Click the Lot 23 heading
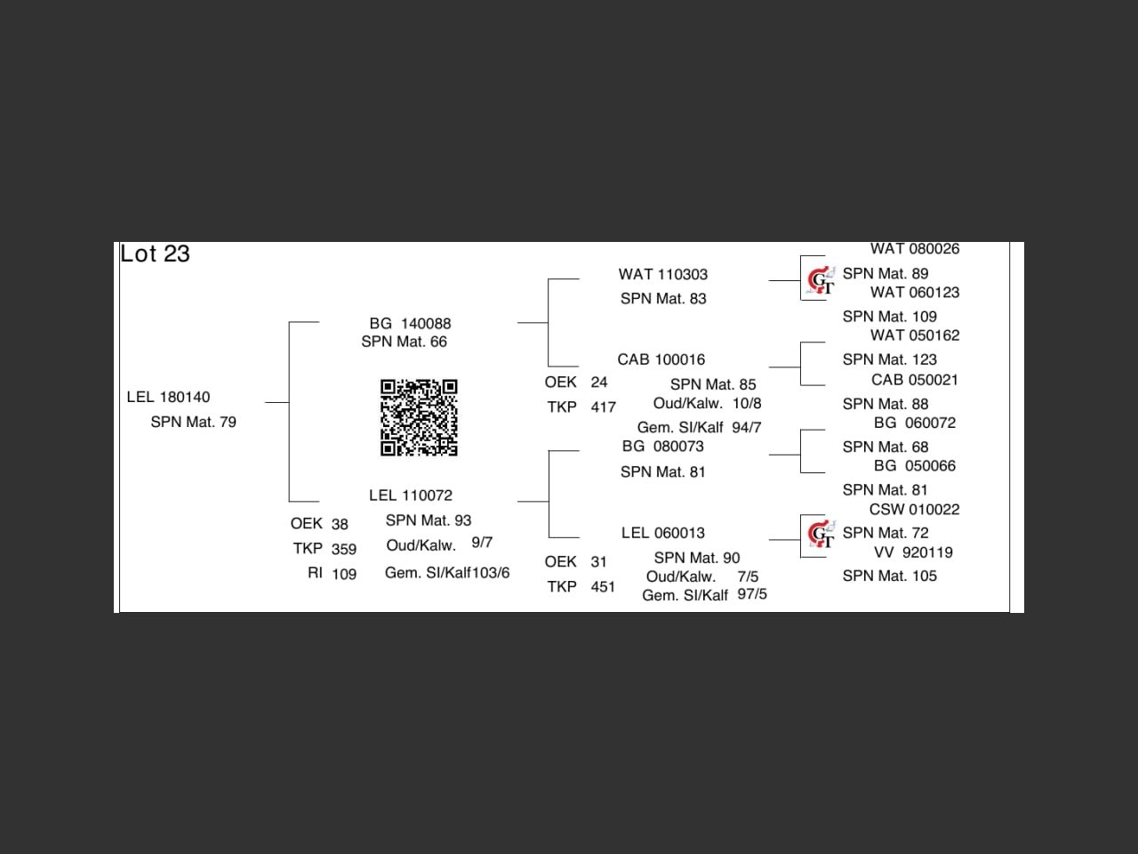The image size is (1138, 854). pos(156,254)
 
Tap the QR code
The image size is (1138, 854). pos(419,417)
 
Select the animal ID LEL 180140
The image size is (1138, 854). pos(168,397)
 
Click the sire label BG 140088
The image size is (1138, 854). pos(410,324)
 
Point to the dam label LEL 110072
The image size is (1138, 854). pos(411,495)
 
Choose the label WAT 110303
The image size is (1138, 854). pos(663,275)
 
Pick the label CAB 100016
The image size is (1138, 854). pos(661,360)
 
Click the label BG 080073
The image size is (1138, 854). pos(663,447)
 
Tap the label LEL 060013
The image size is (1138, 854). pos(663,533)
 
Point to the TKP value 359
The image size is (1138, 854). pos(344,550)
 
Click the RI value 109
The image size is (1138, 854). pos(344,575)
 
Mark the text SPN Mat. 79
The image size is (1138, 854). pos(193,423)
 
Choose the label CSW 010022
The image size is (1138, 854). pos(915,510)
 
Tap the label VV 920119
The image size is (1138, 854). pos(913,552)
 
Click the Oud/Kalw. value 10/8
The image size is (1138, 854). pos(747,404)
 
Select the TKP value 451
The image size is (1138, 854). pos(603,587)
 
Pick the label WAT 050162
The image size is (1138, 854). pos(915,335)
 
